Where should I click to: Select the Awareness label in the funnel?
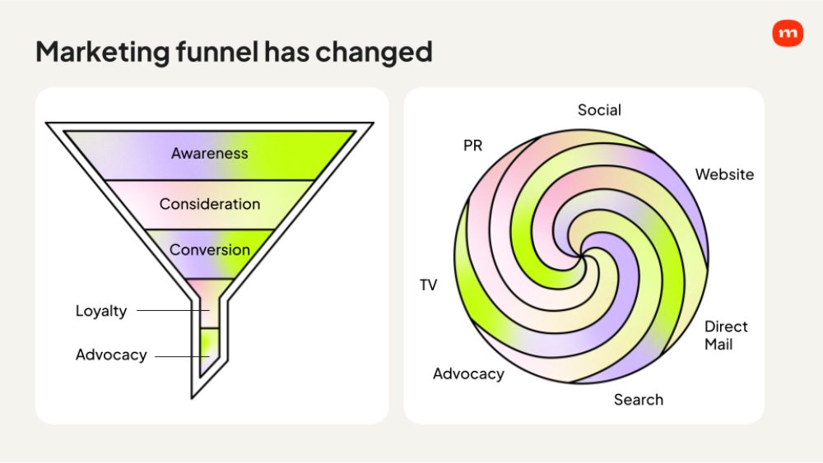[209, 154]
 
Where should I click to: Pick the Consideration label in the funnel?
[210, 204]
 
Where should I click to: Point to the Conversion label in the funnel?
[210, 250]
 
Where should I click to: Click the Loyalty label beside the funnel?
[101, 311]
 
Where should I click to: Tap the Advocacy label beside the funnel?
[111, 355]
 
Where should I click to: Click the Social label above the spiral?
[599, 110]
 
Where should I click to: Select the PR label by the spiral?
[472, 146]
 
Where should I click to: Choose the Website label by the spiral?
[724, 174]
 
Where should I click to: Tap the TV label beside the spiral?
[428, 285]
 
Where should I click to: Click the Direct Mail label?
[726, 336]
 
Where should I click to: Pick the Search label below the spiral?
[639, 400]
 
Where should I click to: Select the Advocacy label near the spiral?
[468, 374]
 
